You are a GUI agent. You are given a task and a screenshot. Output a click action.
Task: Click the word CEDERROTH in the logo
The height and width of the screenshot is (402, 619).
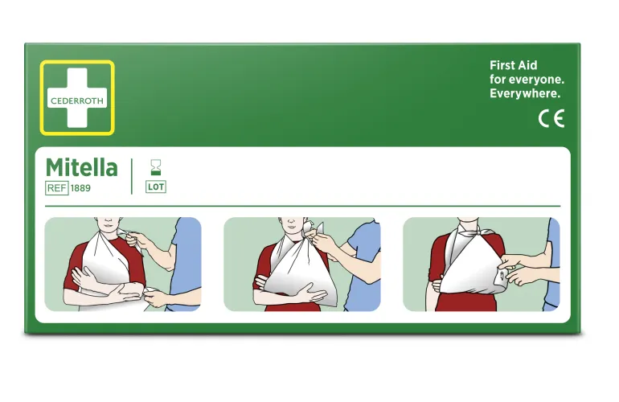[x=77, y=100]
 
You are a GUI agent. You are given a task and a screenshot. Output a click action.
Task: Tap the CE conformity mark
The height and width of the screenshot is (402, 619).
[x=551, y=118]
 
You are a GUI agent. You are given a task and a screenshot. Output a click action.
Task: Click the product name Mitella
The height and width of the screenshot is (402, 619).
[x=82, y=167]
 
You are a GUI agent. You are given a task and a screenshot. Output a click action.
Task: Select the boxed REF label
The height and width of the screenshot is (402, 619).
[x=57, y=188]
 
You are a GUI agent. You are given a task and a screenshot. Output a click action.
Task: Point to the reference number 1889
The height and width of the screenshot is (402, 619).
[x=80, y=188]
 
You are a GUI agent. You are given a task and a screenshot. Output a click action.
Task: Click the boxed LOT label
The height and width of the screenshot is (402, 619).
[x=156, y=187]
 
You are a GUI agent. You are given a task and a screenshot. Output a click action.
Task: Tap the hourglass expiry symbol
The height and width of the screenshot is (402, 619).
[x=156, y=167]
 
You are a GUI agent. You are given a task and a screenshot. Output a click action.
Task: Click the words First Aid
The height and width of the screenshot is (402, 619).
[x=513, y=65]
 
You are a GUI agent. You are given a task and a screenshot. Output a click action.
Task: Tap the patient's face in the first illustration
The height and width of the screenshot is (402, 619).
[x=108, y=224]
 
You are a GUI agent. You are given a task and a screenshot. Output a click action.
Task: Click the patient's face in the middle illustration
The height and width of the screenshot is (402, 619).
[x=290, y=225]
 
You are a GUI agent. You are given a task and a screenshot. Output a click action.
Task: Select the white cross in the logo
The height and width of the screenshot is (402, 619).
[x=77, y=97]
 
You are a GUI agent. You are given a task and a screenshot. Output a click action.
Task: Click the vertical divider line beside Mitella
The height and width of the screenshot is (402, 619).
[x=132, y=176]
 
